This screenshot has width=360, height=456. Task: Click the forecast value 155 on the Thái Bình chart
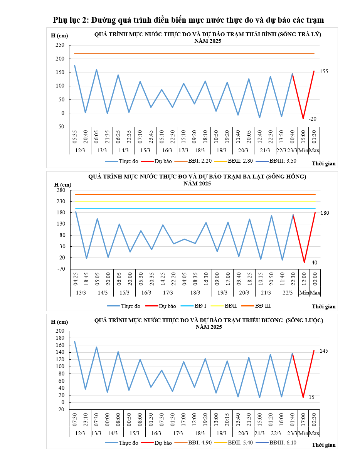(x=324, y=72)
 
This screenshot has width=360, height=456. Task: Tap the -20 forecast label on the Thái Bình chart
(x=312, y=119)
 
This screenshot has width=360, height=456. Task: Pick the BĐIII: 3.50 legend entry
(x=283, y=161)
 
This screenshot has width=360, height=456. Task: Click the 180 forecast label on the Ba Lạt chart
(x=325, y=213)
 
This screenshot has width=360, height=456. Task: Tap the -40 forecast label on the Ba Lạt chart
(x=313, y=262)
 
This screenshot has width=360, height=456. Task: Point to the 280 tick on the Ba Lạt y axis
(x=61, y=190)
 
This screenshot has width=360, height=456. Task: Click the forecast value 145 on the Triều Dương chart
(x=324, y=351)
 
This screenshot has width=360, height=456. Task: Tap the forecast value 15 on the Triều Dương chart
(x=311, y=397)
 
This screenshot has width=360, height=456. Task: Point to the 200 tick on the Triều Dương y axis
(x=60, y=331)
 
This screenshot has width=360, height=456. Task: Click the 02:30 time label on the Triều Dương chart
(x=314, y=419)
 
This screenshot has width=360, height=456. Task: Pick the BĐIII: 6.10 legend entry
(x=283, y=443)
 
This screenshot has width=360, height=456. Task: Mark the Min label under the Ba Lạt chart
(x=304, y=293)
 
